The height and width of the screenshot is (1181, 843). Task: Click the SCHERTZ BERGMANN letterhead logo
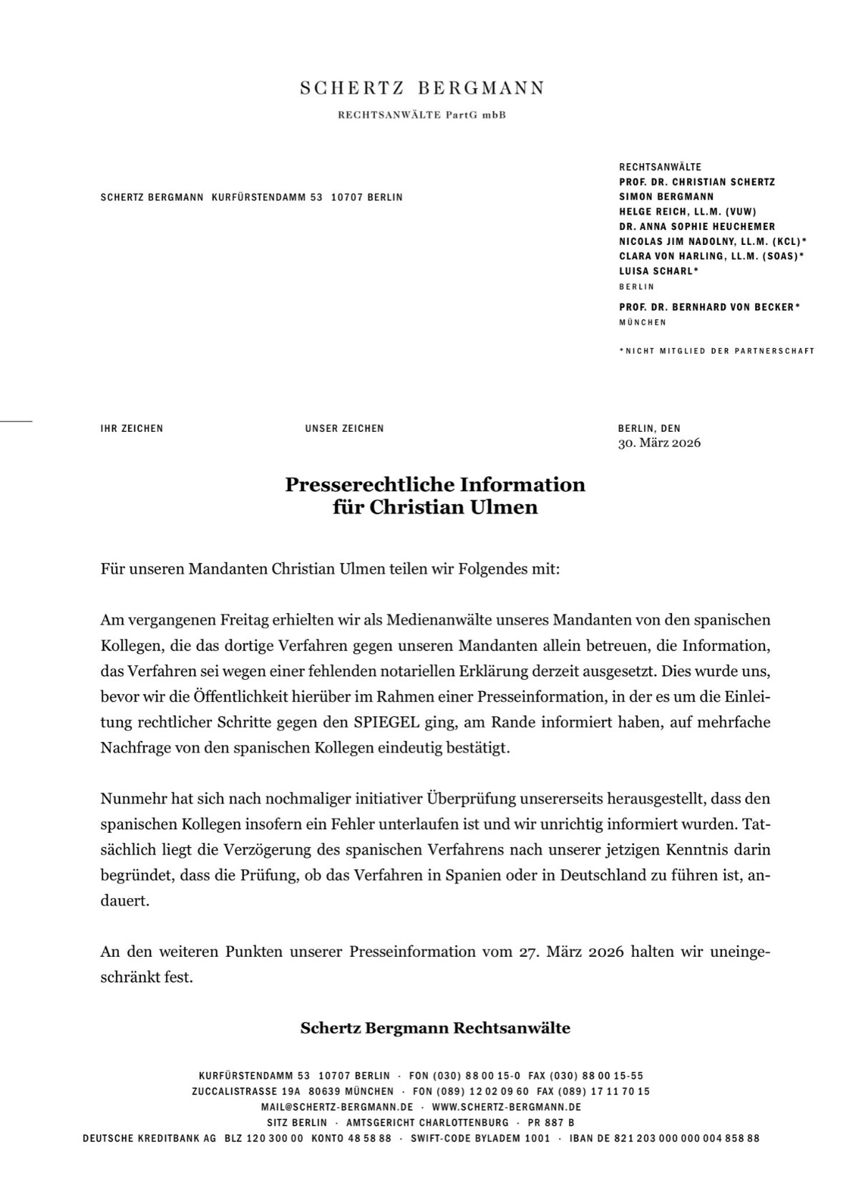point(421,88)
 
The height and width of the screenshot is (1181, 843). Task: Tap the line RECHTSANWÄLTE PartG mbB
point(421,115)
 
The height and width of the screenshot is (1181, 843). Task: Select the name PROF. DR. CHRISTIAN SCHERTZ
point(697,182)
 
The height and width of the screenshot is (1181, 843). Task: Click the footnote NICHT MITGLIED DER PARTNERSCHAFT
point(718,351)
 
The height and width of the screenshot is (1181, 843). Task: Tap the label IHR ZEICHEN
point(132,428)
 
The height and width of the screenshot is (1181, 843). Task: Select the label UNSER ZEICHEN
point(344,428)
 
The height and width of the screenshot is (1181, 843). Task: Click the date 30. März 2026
point(659,443)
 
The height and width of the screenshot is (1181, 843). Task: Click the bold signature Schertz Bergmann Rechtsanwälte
point(435,1028)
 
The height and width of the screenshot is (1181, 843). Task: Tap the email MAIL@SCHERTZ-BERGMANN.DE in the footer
point(337,1107)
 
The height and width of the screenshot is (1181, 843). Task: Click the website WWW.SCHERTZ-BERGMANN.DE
point(506,1107)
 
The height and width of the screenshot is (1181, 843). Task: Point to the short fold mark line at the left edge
point(16,421)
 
